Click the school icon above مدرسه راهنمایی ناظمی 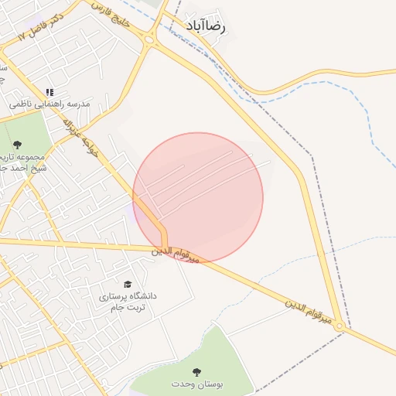(x=50, y=92)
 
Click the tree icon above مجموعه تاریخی (x=17, y=144)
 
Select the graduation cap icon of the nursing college (x=127, y=285)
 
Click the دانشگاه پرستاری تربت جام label (x=127, y=302)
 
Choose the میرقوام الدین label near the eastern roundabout (x=309, y=310)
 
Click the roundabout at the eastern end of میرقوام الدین (x=339, y=328)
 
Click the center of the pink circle (x=198, y=197)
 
